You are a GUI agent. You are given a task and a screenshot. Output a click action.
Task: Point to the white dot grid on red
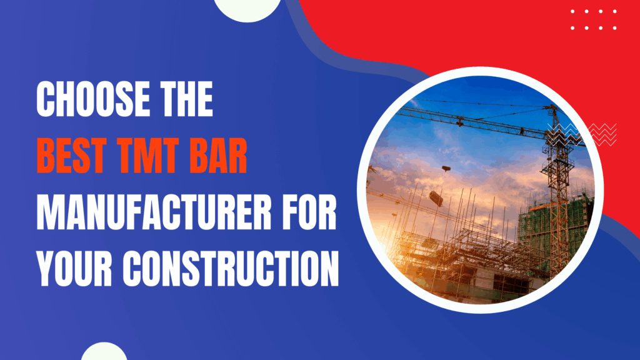click(594, 19)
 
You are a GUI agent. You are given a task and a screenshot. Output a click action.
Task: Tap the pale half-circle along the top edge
click(247, 7)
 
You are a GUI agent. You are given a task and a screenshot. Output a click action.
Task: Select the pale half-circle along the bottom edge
click(104, 352)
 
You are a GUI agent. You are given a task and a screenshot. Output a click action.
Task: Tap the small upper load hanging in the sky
click(446, 169)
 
